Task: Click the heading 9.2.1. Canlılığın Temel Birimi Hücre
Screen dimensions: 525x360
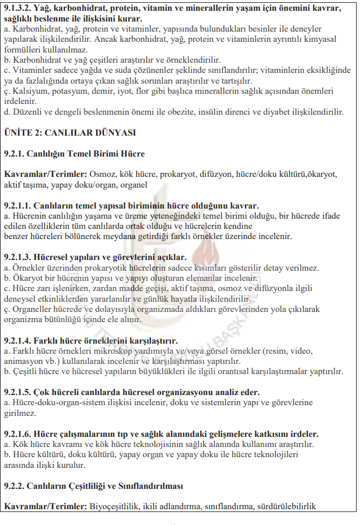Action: tap(74, 153)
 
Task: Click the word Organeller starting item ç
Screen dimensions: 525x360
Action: tap(30, 309)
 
